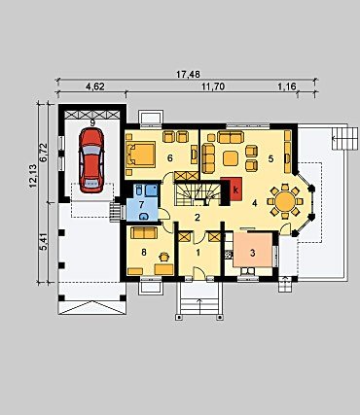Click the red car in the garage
point(91,160)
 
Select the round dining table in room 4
point(285,201)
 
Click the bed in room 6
point(140,155)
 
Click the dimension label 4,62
point(95,86)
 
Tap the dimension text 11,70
point(213,86)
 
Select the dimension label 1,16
point(287,86)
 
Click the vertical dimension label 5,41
point(44,241)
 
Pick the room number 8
point(144,253)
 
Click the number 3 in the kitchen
point(253,253)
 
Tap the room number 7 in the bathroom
point(141,205)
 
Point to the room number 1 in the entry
point(198,253)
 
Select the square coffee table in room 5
point(231,158)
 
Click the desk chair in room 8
point(164,257)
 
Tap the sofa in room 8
point(144,232)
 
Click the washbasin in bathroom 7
point(143,217)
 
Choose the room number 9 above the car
point(92,122)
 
